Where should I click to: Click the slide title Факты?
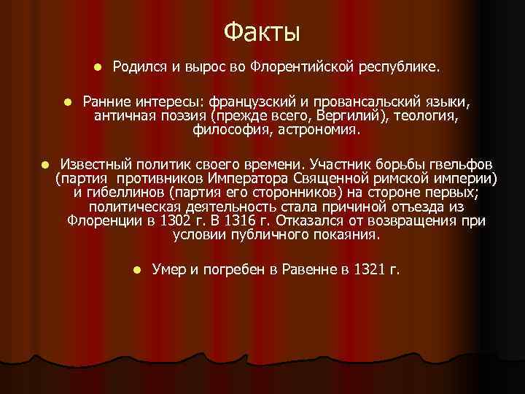tap(262, 31)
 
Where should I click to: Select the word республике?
tap(400, 68)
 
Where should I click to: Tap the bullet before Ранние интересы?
tap(66, 101)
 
